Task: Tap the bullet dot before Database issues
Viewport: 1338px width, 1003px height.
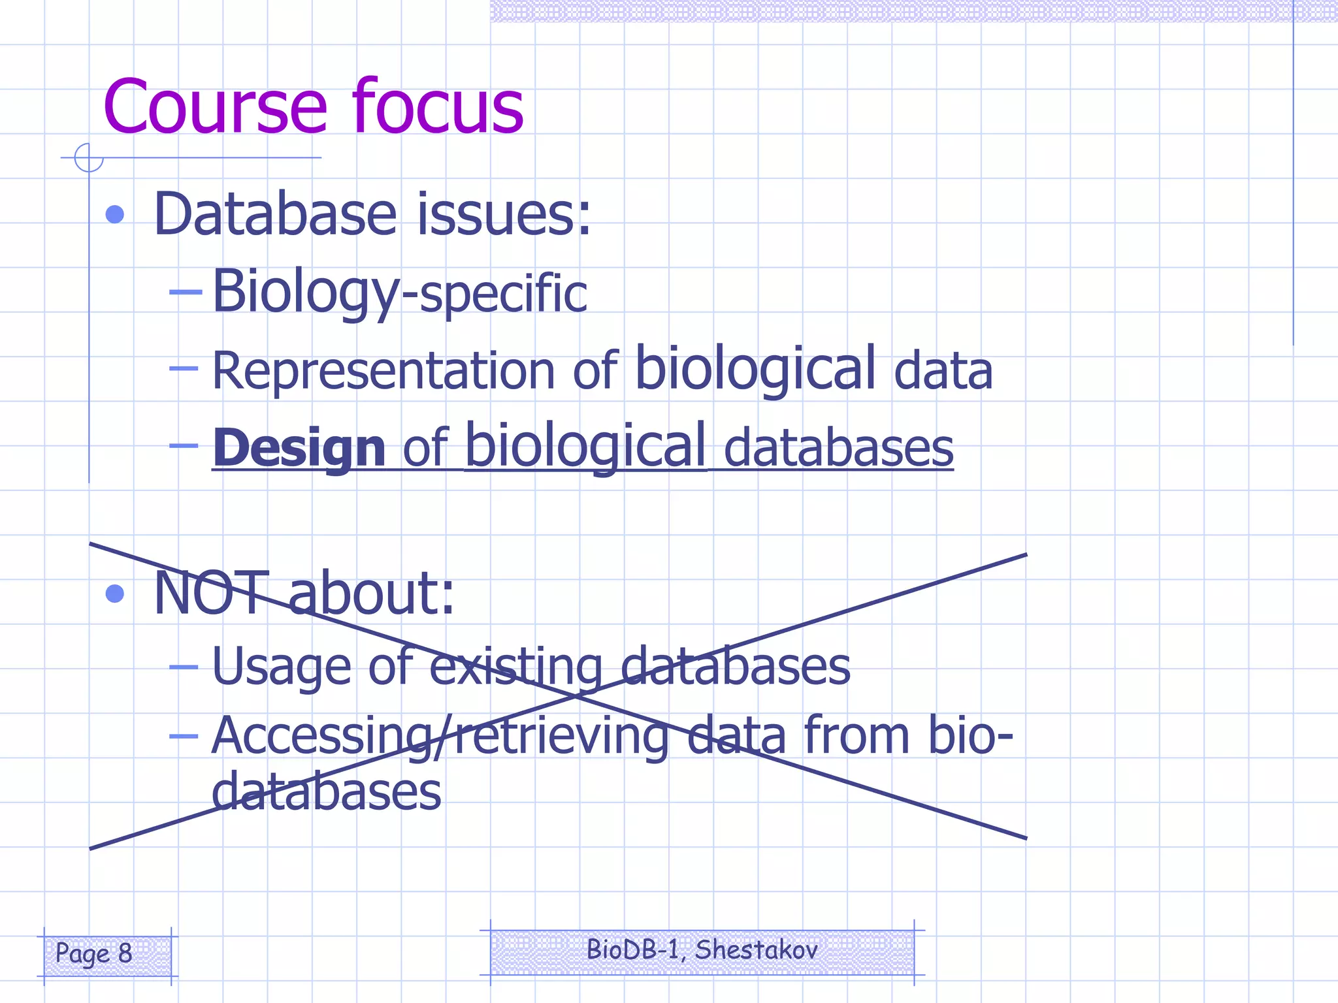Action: coord(115,214)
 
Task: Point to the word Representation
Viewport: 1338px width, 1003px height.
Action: coord(383,371)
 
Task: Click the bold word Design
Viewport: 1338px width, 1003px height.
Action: coord(299,448)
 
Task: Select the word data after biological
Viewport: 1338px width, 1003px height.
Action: coord(943,371)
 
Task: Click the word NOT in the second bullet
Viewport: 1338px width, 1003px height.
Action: coord(210,594)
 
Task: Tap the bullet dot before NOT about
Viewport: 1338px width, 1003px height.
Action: coord(115,594)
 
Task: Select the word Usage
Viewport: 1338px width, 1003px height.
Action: coord(281,667)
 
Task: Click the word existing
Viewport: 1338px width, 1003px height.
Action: coord(516,667)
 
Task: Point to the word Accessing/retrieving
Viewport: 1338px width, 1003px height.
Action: coord(440,737)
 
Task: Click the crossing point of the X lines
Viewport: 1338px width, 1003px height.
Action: coord(575,697)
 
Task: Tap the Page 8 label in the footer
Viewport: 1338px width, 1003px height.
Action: coord(94,953)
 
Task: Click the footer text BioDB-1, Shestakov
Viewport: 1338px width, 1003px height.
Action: coord(702,950)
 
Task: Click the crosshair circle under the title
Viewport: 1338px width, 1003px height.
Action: coord(89,157)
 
